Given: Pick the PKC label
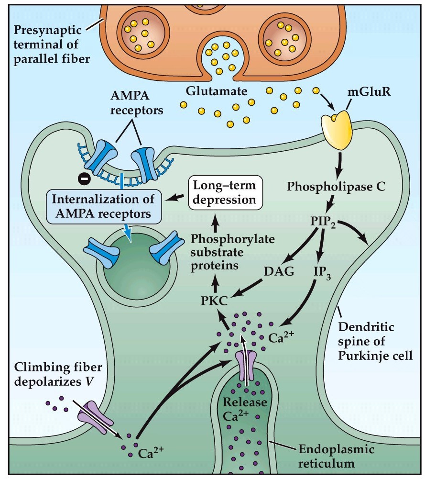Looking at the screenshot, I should pyautogui.click(x=214, y=301).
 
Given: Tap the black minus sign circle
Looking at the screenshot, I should pyautogui.click(x=82, y=179).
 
